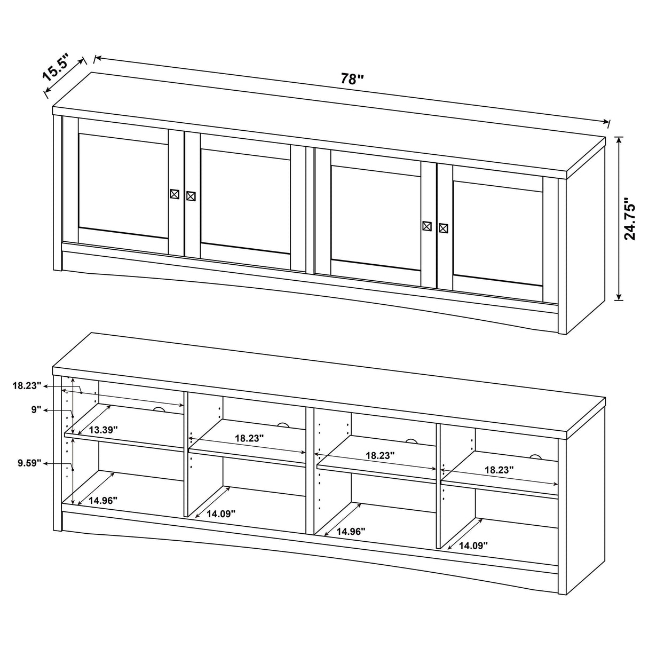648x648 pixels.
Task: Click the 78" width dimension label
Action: (x=352, y=79)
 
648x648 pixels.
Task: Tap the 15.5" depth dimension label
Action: (x=56, y=67)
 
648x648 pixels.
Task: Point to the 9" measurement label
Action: (x=36, y=410)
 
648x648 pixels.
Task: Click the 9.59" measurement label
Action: (x=28, y=463)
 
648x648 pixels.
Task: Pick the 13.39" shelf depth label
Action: (x=103, y=429)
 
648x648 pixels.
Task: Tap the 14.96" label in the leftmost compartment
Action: (x=103, y=500)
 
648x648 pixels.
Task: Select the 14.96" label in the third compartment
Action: (x=351, y=531)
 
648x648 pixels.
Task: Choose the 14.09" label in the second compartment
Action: (x=221, y=513)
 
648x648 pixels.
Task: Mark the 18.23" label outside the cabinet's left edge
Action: (x=27, y=385)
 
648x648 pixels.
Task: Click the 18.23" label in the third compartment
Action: (x=380, y=456)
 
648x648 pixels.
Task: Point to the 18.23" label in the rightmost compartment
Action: (x=499, y=470)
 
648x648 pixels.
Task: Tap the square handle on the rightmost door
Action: (x=442, y=228)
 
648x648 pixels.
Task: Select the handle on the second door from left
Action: (x=191, y=196)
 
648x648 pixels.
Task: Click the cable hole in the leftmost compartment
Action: (x=159, y=410)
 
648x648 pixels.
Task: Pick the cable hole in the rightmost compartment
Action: (x=535, y=457)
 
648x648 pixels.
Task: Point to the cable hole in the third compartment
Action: (x=411, y=441)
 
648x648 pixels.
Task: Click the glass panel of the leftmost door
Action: (x=123, y=181)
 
